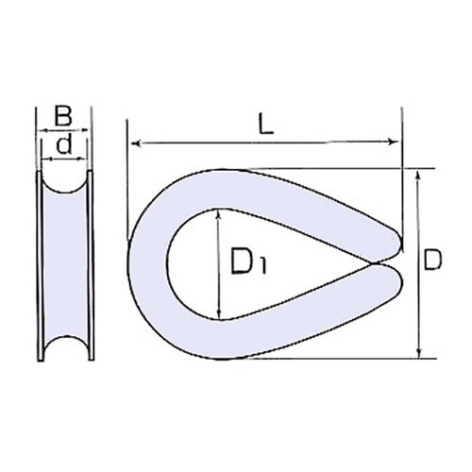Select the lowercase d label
64,144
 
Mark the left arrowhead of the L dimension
133,143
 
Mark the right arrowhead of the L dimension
396,143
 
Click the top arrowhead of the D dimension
417,175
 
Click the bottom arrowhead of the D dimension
417,354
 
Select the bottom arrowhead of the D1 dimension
219,316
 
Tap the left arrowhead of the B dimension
38,131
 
